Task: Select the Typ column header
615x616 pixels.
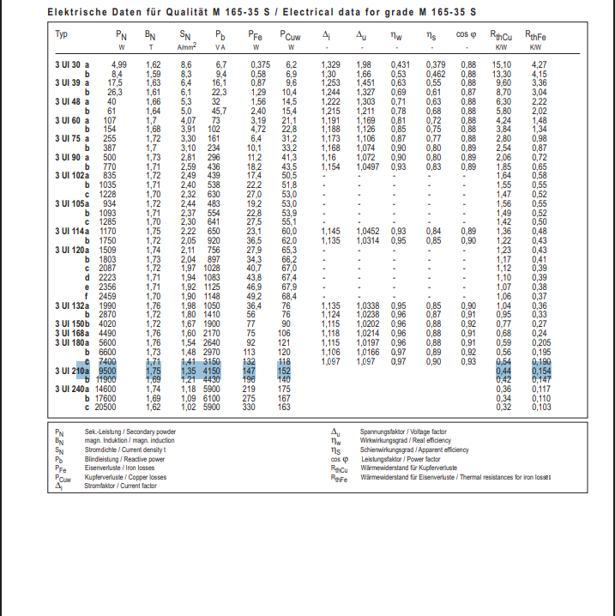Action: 62,34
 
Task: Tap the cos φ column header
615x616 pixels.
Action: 467,34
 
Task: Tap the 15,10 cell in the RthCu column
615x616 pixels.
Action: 502,64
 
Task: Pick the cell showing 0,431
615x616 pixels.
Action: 400,64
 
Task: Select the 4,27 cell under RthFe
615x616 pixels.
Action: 540,64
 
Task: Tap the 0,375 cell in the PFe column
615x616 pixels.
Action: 260,64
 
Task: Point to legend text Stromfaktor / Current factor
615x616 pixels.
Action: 121,486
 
